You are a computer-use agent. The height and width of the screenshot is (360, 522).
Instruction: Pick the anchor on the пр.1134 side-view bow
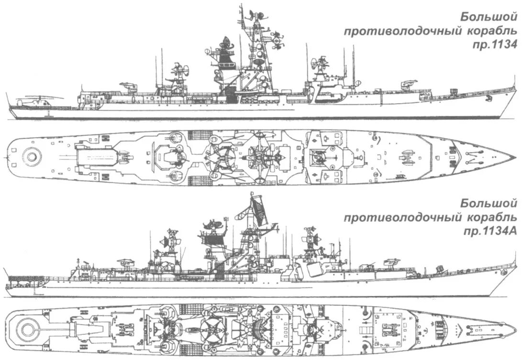click(488, 99)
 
